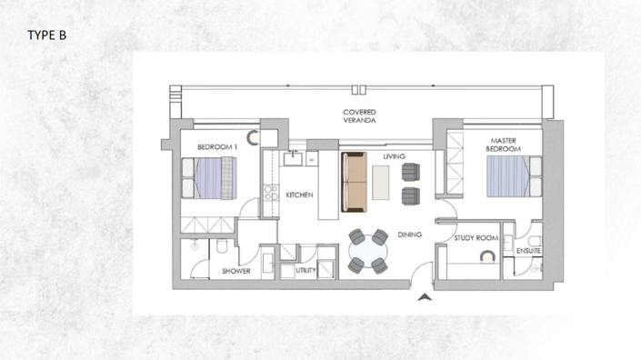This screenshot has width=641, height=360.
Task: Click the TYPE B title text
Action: (47, 35)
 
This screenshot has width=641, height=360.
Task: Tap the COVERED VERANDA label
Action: (360, 116)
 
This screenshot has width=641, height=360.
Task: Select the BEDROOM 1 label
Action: (217, 146)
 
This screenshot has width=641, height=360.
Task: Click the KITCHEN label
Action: (300, 195)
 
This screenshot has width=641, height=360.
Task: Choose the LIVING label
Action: (394, 156)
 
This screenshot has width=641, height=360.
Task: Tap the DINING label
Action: (409, 235)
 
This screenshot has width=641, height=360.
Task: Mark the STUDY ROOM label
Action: (476, 238)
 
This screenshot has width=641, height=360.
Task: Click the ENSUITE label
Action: (528, 251)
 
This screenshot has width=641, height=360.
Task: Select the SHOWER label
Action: (236, 271)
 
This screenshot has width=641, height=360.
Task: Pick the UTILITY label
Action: (305, 270)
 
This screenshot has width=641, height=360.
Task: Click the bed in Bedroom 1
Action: (210, 177)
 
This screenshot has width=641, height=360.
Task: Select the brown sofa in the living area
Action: (354, 182)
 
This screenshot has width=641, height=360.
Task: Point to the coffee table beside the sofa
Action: (380, 183)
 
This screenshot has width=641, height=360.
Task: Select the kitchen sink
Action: (293, 159)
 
